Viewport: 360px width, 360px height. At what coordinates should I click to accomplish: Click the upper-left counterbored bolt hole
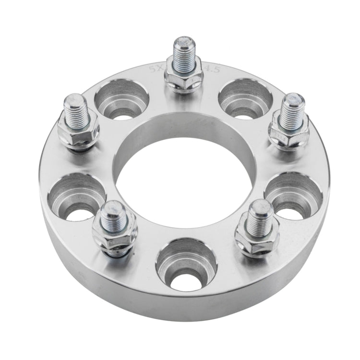coord(121,101)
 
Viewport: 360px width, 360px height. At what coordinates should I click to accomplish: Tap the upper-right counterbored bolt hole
coord(245,100)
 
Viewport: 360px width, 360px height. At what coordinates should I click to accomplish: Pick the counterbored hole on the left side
coord(77,197)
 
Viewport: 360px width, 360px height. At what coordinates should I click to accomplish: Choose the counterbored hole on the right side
coord(293,196)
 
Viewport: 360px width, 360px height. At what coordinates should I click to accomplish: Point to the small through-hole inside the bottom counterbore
coord(186,281)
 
